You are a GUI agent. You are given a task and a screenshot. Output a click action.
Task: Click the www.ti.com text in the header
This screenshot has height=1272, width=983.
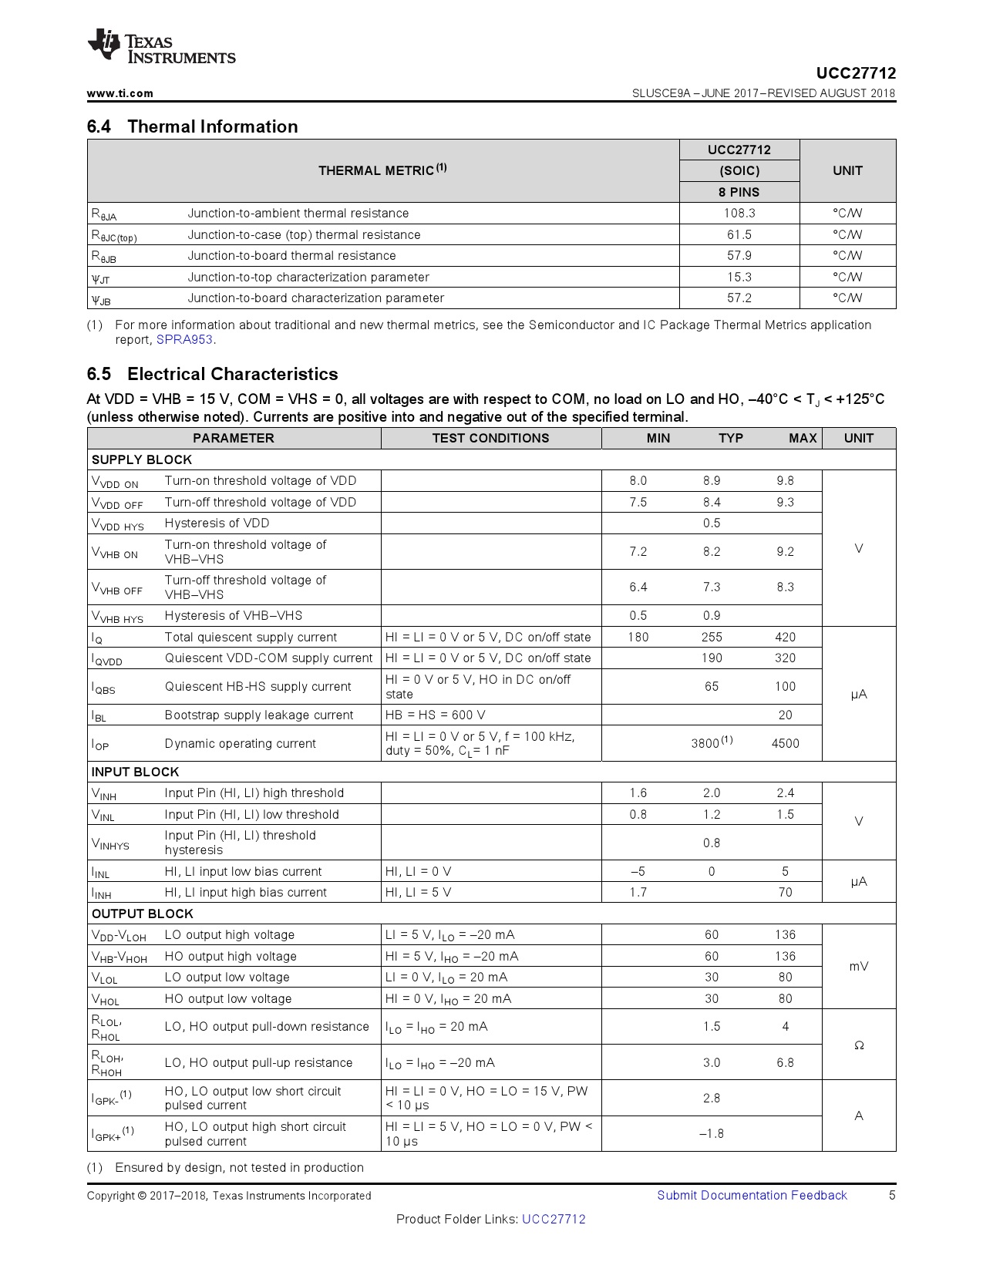pos(120,93)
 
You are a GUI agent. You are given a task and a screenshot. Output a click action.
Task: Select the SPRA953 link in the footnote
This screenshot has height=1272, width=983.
pos(184,340)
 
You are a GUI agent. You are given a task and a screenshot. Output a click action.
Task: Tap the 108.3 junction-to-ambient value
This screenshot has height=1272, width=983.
pos(739,214)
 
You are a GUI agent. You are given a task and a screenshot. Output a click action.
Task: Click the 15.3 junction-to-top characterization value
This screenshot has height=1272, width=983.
pos(739,277)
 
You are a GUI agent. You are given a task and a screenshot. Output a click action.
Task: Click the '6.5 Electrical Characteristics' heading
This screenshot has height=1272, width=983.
pos(212,374)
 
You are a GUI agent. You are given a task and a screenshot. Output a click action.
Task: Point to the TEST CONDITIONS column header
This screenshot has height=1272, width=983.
pos(490,438)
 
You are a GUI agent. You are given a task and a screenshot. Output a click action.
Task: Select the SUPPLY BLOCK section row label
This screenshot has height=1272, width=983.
pos(142,459)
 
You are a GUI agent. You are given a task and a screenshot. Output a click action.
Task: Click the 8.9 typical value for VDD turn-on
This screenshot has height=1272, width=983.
pos(711,481)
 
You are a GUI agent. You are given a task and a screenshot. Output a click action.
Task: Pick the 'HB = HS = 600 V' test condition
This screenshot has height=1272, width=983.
pos(435,715)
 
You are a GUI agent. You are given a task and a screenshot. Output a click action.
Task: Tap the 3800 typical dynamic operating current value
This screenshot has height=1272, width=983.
pos(705,744)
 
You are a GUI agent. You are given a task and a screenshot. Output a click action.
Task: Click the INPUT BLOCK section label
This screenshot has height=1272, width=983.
pos(135,772)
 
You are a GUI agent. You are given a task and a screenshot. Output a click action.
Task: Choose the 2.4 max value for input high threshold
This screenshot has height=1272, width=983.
pos(785,793)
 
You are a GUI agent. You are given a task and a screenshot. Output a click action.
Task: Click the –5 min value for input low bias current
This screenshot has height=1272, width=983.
pos(638,872)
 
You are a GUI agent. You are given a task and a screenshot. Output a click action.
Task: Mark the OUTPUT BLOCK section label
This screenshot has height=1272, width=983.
pos(143,914)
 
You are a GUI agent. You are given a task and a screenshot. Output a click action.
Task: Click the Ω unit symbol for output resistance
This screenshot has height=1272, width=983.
pos(858,1045)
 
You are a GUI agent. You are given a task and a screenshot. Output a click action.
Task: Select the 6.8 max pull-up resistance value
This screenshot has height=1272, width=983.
pos(785,1063)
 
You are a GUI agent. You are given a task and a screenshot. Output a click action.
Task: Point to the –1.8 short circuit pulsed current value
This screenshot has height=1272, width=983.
pos(711,1134)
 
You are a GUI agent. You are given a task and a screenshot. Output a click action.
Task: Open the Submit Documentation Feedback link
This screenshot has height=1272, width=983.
pos(752,1196)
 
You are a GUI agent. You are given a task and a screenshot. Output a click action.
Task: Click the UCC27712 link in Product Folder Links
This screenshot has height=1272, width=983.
pos(554,1220)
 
